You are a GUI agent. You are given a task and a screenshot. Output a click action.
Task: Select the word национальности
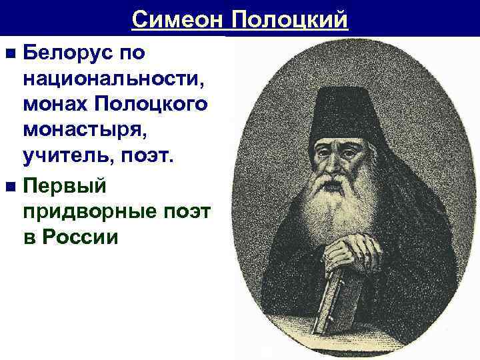click(113, 79)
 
